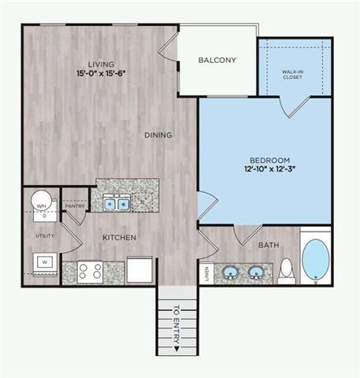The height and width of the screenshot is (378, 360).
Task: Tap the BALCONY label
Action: click(x=217, y=60)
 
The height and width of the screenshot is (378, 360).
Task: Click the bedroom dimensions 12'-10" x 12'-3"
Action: click(x=264, y=168)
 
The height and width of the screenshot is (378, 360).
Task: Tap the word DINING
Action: click(x=158, y=135)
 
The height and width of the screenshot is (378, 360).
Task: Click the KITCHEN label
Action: click(x=120, y=237)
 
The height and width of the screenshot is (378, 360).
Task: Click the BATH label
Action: click(x=267, y=245)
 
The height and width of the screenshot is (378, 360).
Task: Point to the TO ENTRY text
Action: click(x=176, y=326)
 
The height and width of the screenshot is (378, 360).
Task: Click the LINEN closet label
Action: click(x=206, y=272)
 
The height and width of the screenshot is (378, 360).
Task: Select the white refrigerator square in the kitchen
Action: click(x=138, y=269)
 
